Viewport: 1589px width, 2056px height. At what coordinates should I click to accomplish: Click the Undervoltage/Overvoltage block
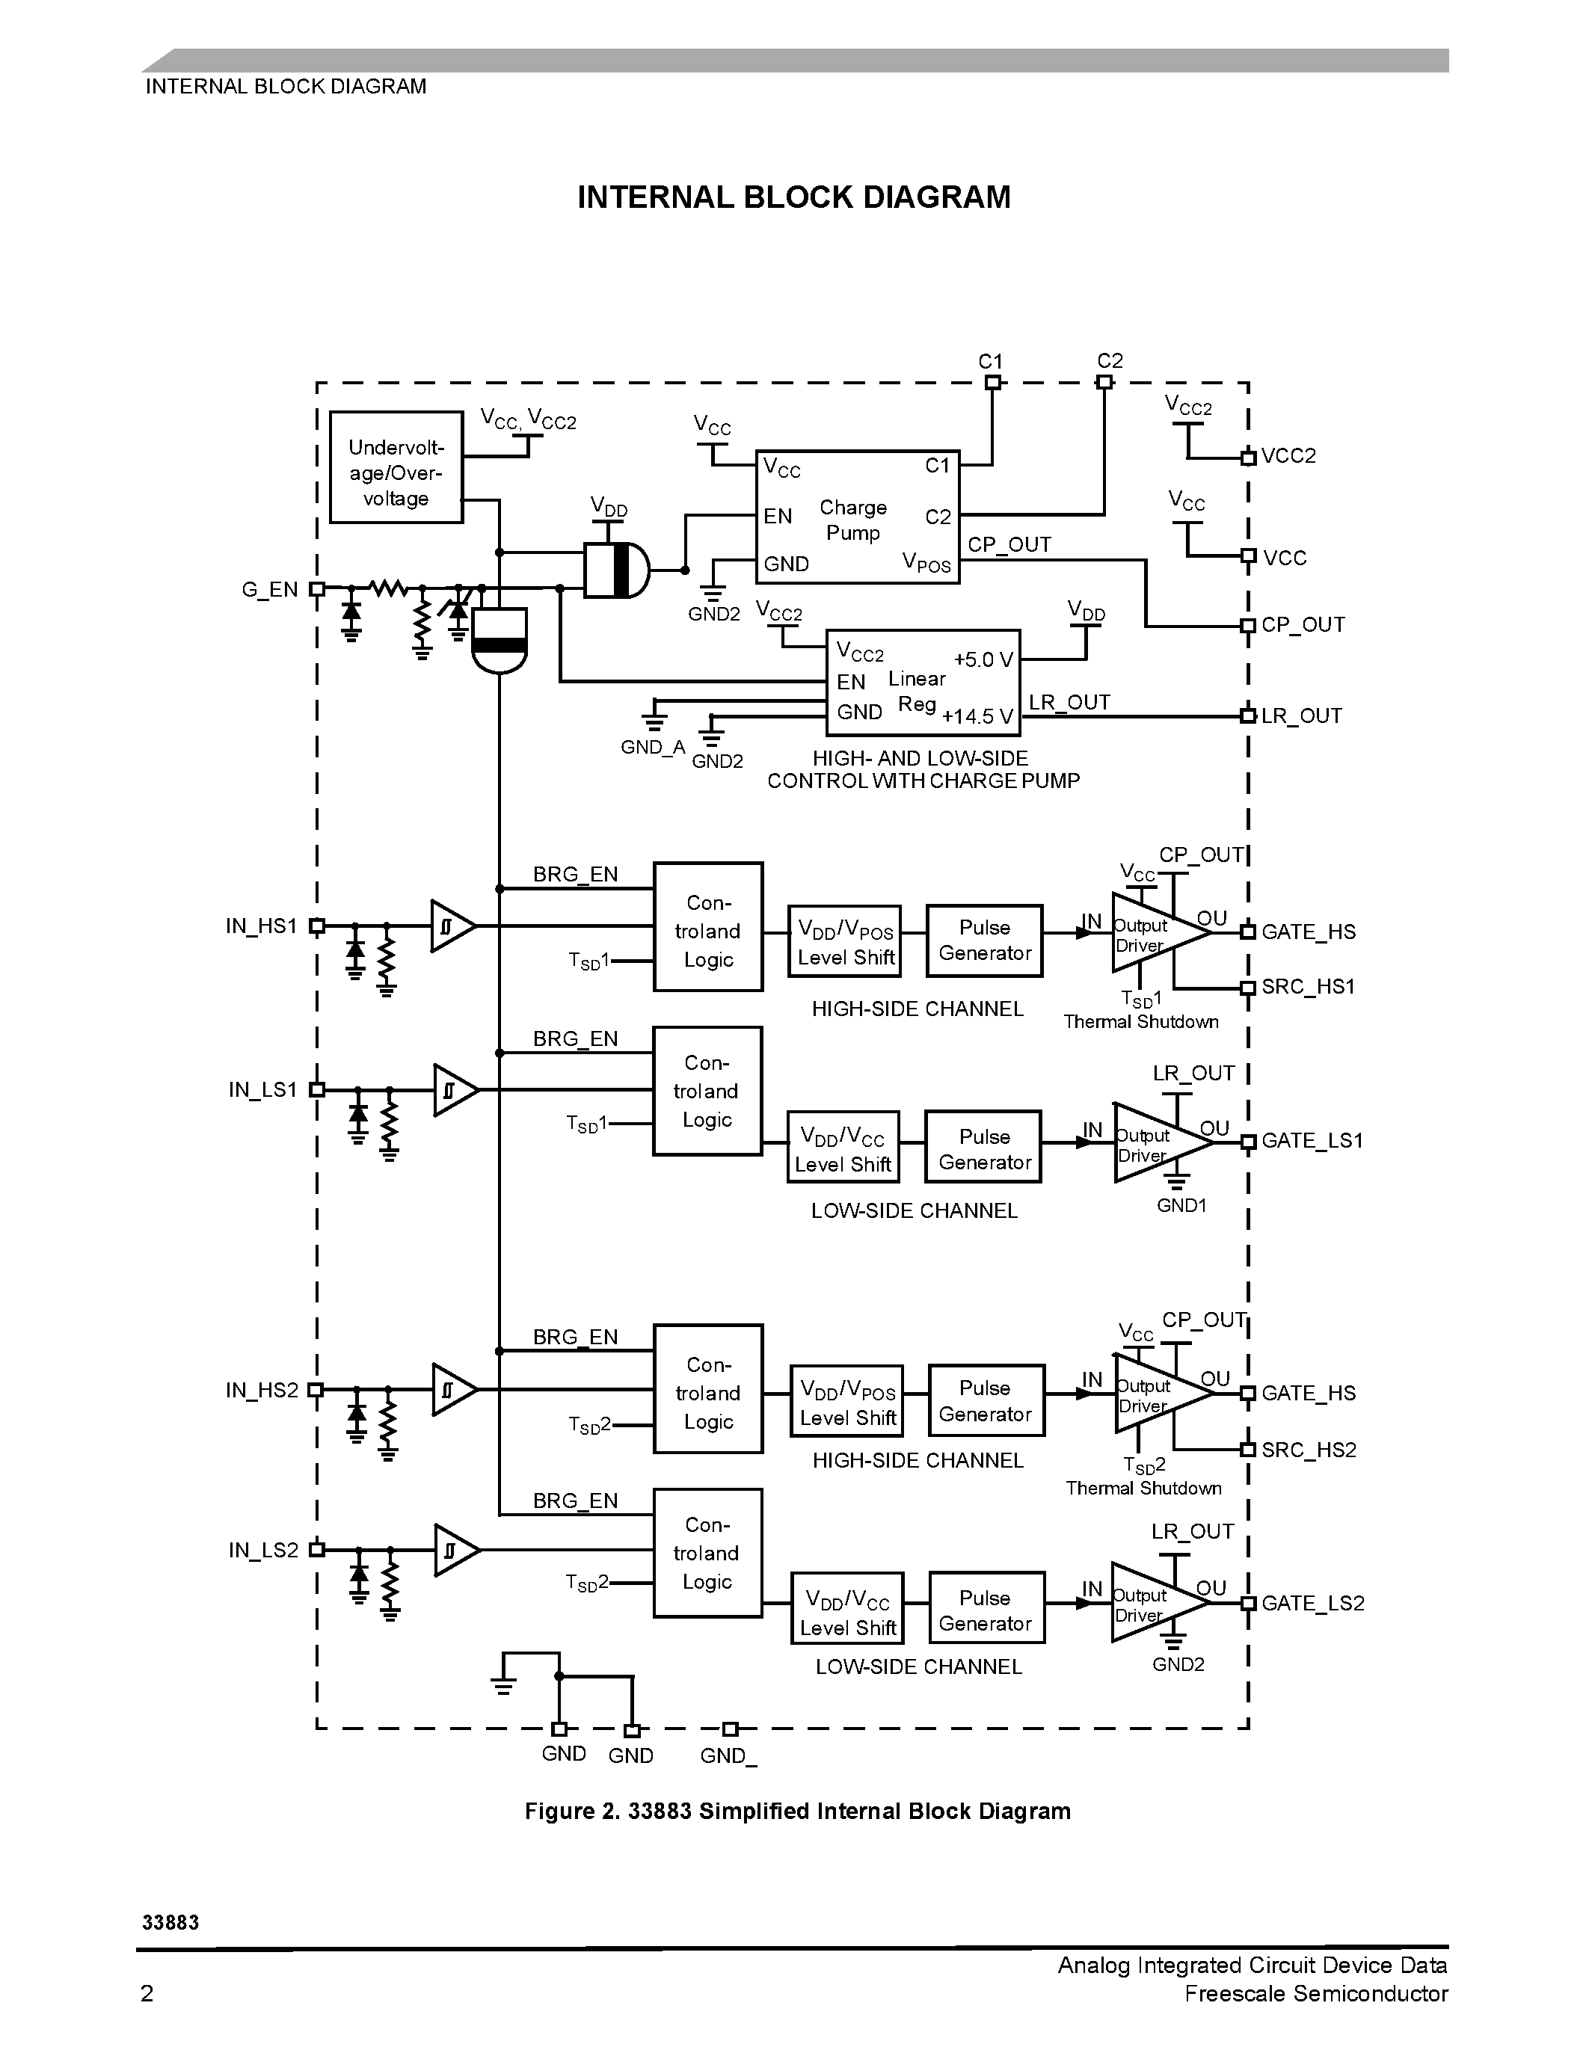coord(396,467)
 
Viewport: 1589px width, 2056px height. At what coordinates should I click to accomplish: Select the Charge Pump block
coord(857,517)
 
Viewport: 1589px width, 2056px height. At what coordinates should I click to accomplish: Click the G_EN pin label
coord(269,590)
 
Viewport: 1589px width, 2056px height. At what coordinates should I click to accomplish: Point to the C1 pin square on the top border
coord(992,382)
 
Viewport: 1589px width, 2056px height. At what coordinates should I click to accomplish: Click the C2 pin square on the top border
coord(1105,382)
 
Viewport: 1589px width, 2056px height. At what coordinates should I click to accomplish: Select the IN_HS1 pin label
coord(261,926)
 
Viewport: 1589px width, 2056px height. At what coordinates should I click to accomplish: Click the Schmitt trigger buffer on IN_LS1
coord(453,1090)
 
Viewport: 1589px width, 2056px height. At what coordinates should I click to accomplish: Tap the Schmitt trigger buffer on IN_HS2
coord(452,1390)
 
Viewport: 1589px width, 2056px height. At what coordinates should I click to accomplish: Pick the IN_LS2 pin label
coord(262,1551)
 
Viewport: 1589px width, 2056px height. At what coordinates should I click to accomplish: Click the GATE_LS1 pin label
coord(1312,1141)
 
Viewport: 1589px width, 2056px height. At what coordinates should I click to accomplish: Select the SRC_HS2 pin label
coord(1309,1450)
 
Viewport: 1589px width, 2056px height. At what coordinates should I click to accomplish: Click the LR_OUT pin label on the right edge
coord(1301,716)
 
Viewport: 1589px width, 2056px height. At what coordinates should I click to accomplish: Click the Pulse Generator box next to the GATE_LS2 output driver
coord(986,1610)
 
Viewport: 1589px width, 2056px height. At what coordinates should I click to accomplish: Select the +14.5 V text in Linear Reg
coord(977,717)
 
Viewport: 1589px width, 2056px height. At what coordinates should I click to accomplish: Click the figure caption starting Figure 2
coord(797,1812)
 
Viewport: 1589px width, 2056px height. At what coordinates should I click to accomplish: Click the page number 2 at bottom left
coord(147,1994)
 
